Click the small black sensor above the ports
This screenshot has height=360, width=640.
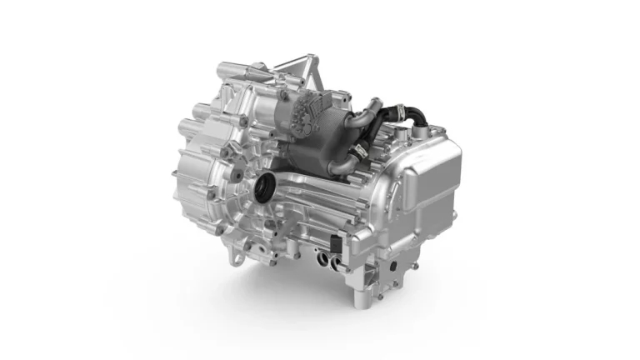(x=333, y=244)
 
